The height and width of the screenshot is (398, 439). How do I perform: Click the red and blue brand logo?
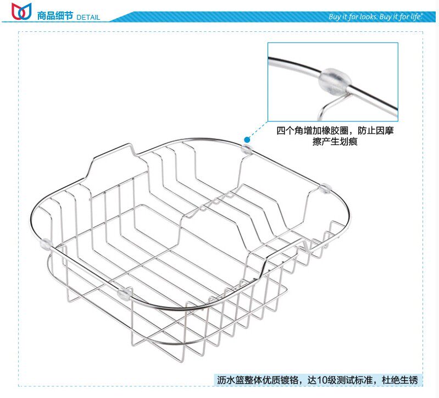(21, 11)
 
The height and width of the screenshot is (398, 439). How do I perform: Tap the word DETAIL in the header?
(88, 17)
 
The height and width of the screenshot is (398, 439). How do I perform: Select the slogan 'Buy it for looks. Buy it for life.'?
(376, 16)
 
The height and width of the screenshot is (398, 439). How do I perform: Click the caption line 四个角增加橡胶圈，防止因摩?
(335, 131)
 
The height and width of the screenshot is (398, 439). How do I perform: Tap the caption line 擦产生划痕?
(335, 142)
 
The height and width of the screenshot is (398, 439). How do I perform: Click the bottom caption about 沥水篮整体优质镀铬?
(317, 380)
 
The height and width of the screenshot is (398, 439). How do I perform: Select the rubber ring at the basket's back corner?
(247, 148)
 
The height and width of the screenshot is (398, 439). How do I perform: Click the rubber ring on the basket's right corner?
(325, 188)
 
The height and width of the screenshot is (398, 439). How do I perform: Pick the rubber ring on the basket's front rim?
(124, 292)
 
